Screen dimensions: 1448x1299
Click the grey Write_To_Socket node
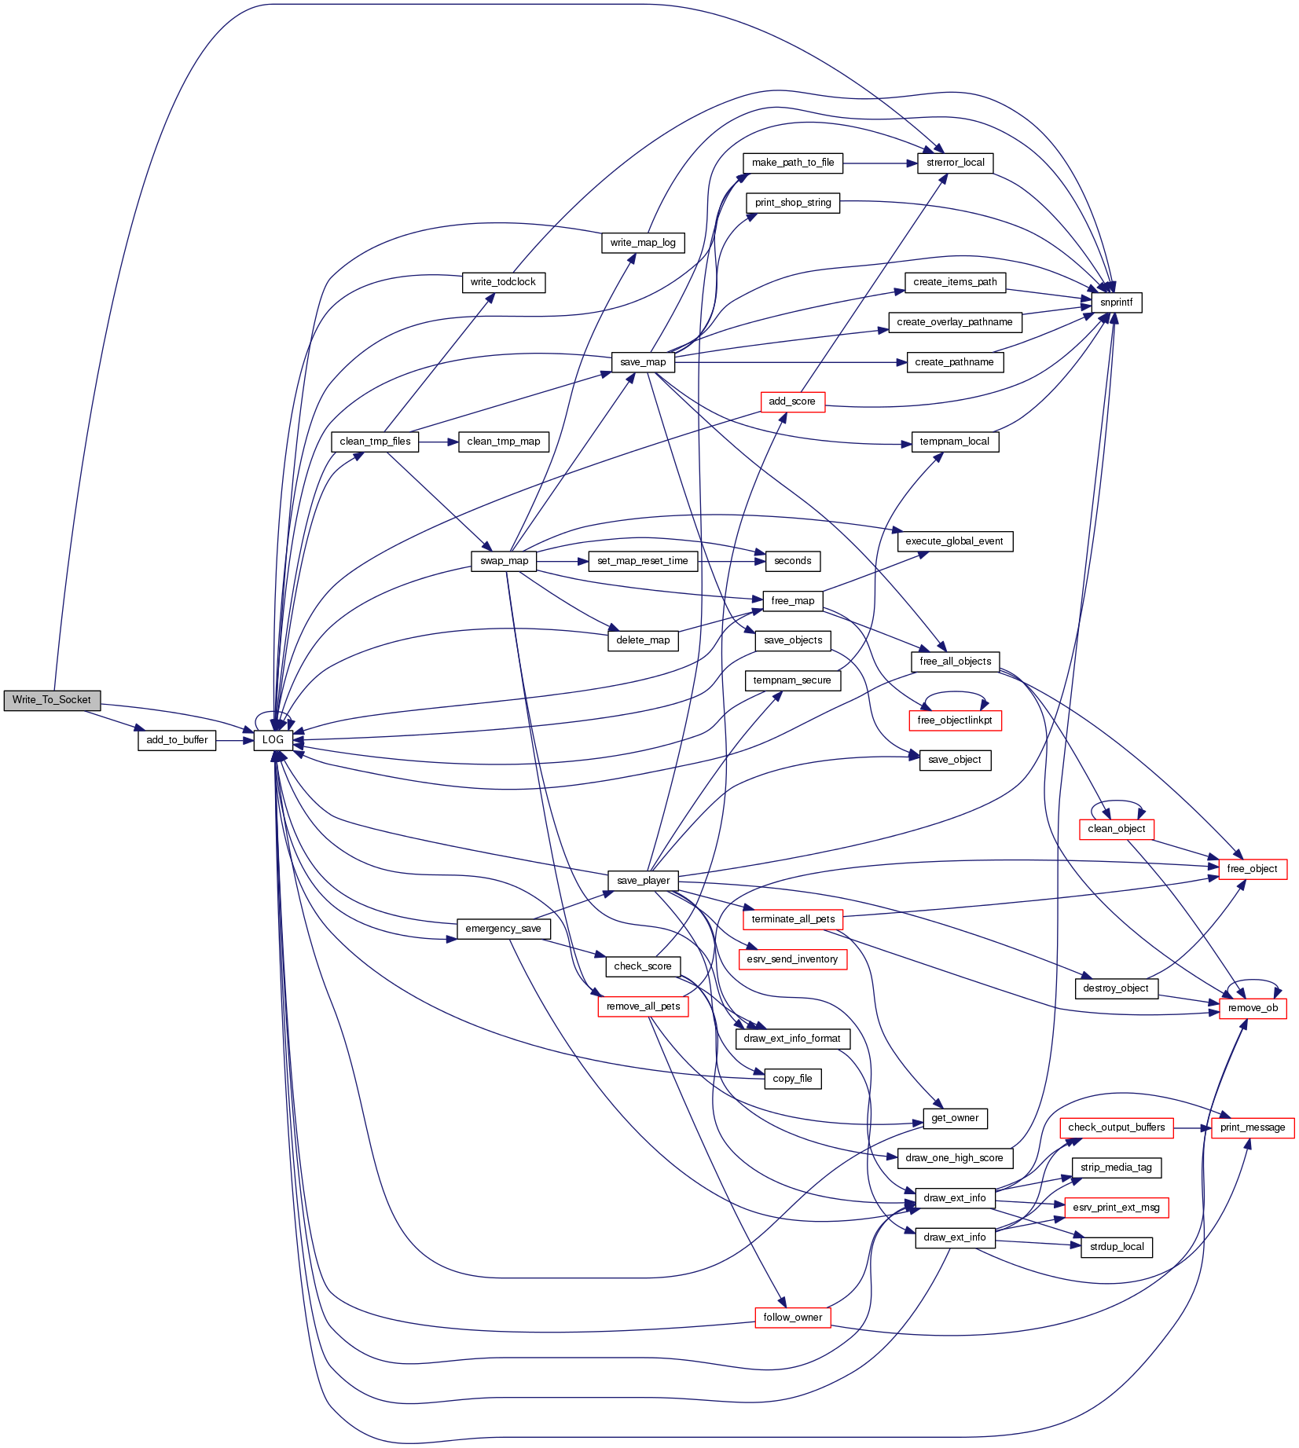coord(52,700)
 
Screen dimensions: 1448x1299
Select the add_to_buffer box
coord(177,740)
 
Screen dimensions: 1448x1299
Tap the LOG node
coord(273,740)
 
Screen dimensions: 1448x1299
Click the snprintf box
coord(1116,302)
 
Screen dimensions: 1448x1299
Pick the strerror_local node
coord(955,163)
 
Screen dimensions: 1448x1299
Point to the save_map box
coord(643,362)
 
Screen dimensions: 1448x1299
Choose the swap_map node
coord(504,561)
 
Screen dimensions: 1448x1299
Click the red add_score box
coord(792,401)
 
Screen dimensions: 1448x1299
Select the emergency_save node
coord(503,929)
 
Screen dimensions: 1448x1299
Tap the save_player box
coord(643,881)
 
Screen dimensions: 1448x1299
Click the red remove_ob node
coord(1253,1008)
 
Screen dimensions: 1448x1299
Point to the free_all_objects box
coord(955,662)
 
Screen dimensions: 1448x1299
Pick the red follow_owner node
coord(792,1318)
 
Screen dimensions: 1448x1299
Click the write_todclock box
coord(503,282)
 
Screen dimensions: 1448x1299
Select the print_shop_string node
coord(792,203)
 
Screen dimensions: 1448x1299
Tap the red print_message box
coord(1253,1127)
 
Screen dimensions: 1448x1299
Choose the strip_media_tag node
coord(1116,1168)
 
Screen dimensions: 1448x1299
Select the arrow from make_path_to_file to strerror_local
coord(879,163)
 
